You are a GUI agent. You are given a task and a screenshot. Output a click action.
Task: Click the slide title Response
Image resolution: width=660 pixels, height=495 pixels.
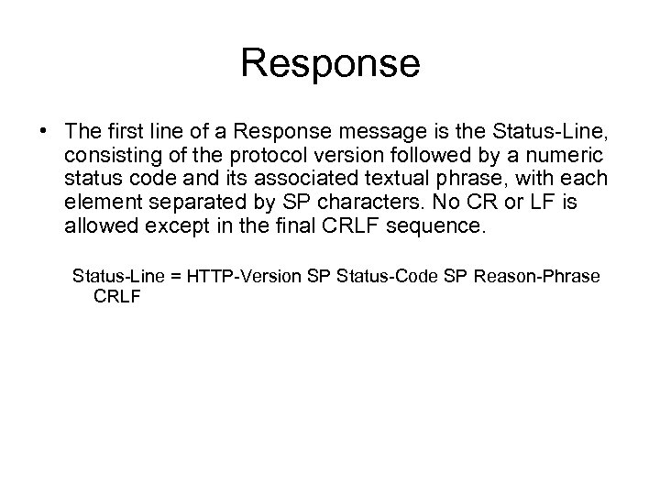click(330, 63)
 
